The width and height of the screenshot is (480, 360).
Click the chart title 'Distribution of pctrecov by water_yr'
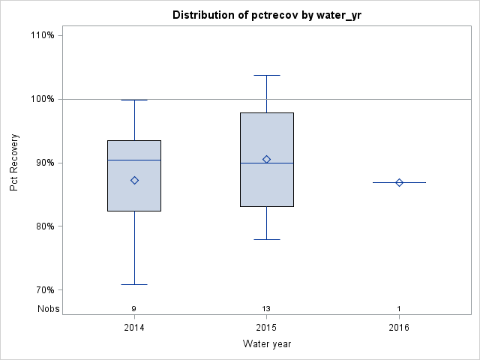[266, 15]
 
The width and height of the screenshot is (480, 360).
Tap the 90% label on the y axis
[45, 163]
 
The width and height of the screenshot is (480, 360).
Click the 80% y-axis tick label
[45, 226]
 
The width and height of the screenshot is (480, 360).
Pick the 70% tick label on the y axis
[45, 290]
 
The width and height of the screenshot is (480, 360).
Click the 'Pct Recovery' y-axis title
[14, 163]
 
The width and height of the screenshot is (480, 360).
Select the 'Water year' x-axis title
[266, 344]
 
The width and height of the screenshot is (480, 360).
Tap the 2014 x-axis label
[134, 328]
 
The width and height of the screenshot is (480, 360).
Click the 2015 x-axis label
[266, 328]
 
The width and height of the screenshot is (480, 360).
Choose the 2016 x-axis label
[399, 328]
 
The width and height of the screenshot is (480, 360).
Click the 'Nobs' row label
[46, 308]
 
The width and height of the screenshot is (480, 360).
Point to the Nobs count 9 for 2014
[134, 309]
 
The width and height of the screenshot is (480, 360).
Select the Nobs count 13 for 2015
[266, 309]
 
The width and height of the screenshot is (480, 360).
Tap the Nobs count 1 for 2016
[399, 309]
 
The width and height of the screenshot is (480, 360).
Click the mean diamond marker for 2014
[134, 180]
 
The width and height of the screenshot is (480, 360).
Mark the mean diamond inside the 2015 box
[266, 159]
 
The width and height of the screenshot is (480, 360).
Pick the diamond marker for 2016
[399, 182]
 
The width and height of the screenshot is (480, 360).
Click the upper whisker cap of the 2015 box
[266, 75]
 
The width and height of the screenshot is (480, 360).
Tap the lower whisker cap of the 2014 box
[134, 284]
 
